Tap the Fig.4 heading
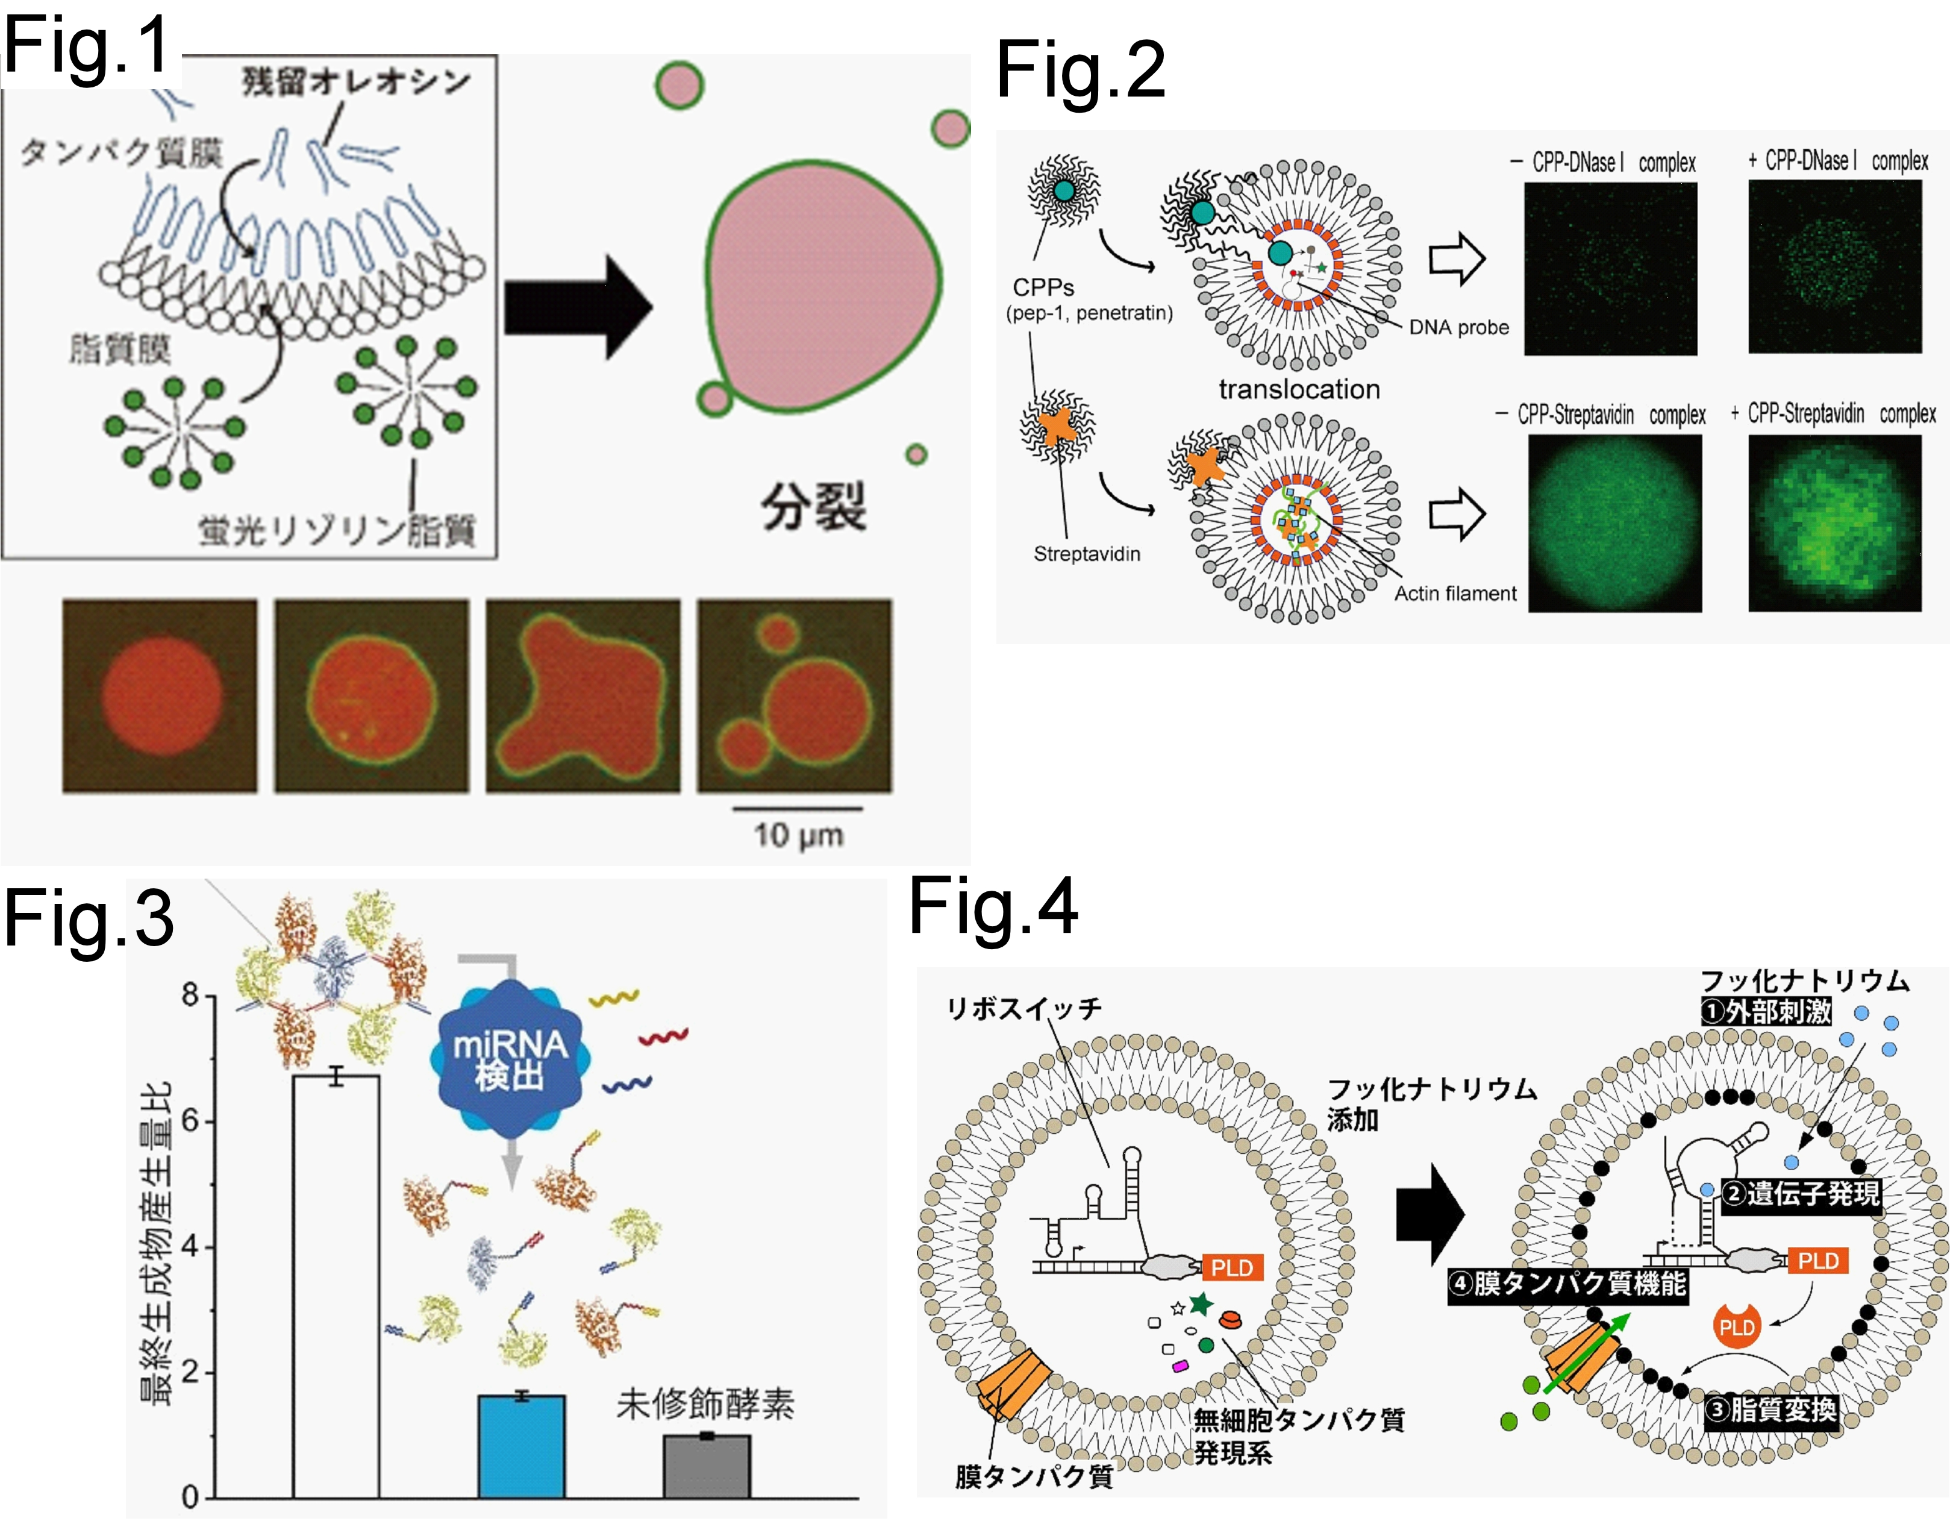pyautogui.click(x=993, y=906)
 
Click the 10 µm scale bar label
pyautogui.click(x=798, y=836)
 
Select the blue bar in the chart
pyautogui.click(x=522, y=1446)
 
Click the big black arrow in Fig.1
pyautogui.click(x=578, y=307)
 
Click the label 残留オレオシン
pyautogui.click(x=356, y=81)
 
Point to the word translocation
pyautogui.click(x=1299, y=389)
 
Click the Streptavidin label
pyautogui.click(x=1087, y=554)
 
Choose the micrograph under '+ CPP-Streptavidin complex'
pyautogui.click(x=1835, y=524)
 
